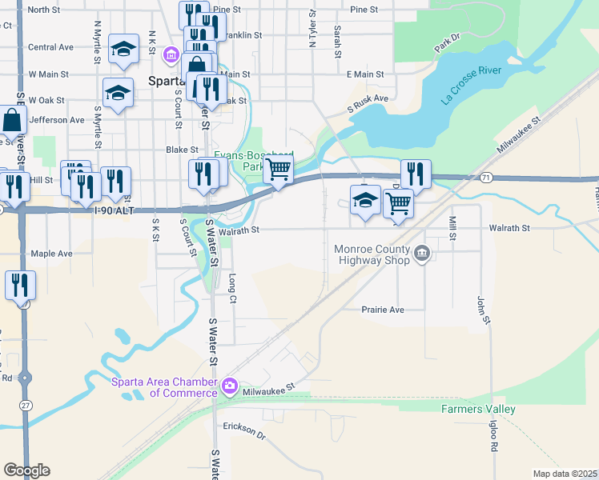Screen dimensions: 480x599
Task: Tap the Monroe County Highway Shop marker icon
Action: click(422, 254)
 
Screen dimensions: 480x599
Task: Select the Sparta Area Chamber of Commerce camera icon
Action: click(230, 386)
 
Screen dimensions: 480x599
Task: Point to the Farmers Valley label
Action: click(479, 409)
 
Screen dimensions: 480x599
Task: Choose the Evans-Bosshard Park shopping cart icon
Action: click(278, 169)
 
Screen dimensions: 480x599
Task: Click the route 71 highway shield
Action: click(487, 176)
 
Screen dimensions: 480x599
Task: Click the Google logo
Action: click(26, 470)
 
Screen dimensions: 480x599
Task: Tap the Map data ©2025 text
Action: click(565, 474)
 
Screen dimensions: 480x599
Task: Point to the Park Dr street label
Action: click(448, 43)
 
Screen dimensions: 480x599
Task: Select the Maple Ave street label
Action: click(51, 254)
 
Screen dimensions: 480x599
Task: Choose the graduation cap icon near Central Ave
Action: click(123, 50)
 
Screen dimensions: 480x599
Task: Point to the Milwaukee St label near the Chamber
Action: click(271, 386)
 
